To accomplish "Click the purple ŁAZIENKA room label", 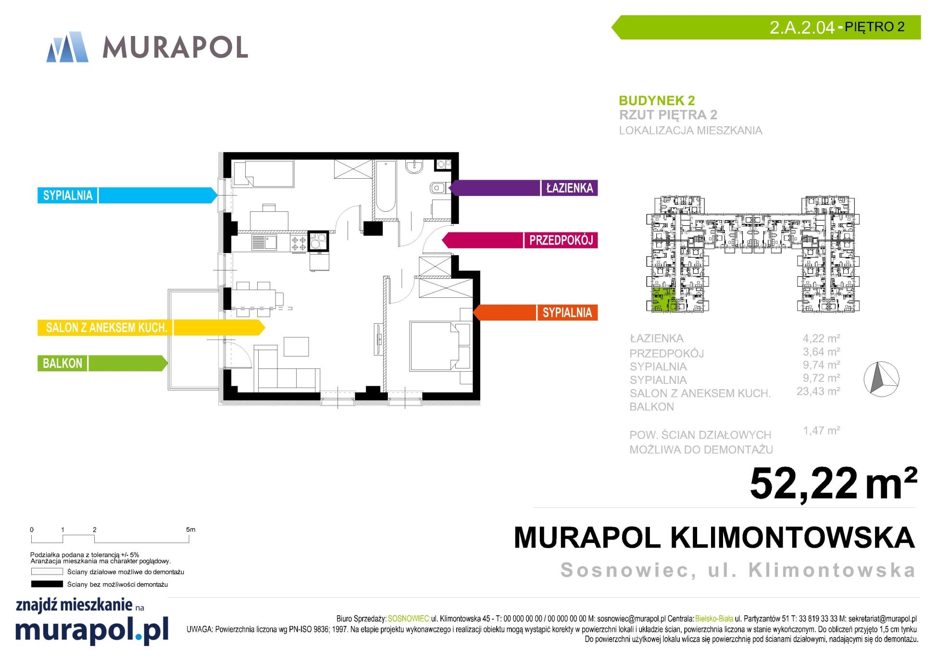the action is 570,188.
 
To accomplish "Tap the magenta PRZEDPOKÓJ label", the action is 561,240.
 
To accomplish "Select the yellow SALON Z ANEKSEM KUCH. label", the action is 106,328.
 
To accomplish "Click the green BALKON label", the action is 62,363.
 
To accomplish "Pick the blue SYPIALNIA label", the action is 68,195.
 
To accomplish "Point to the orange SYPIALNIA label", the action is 567,313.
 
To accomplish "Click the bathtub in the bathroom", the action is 386,187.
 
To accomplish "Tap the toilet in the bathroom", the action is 439,188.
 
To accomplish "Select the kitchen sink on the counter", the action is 264,243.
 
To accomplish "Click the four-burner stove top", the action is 298,243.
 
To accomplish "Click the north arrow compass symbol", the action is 881,379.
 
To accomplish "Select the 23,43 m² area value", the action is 818,392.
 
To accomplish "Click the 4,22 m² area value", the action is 821,338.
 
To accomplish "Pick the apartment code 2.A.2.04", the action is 802,27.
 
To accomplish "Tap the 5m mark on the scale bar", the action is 190,530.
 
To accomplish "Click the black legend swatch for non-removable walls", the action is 47,584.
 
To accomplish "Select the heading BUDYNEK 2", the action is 657,100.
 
